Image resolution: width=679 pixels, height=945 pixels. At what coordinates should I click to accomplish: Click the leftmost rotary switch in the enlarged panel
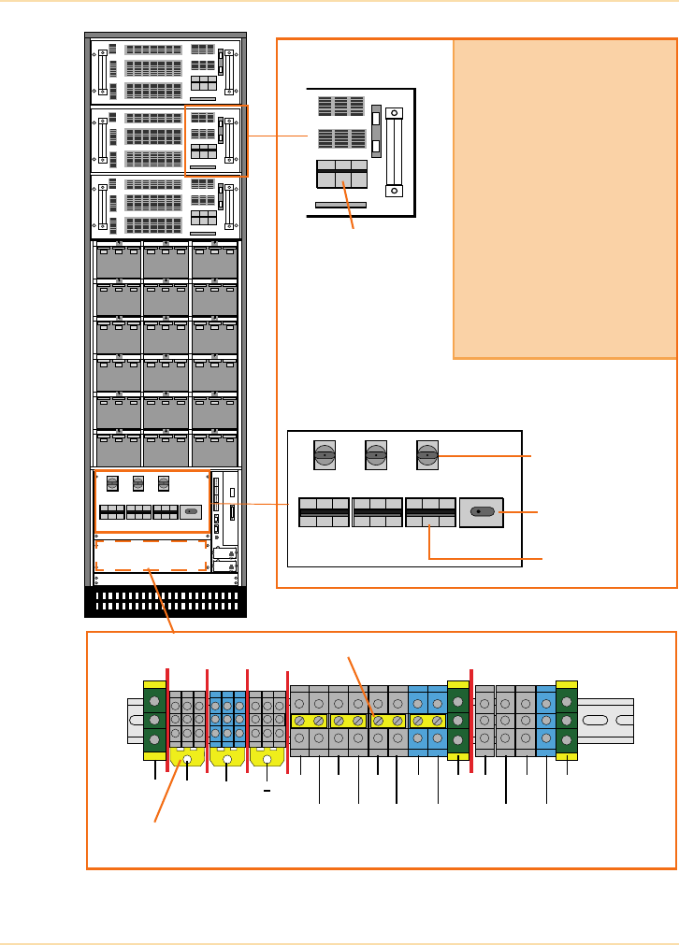point(324,455)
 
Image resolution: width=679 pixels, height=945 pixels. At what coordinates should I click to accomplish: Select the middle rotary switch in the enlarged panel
point(375,455)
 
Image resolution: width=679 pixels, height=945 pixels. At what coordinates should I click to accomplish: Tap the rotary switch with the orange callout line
point(426,455)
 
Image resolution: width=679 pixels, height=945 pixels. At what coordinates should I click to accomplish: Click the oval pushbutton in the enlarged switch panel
point(482,512)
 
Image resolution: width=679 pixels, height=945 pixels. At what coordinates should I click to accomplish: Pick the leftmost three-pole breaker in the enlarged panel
point(324,512)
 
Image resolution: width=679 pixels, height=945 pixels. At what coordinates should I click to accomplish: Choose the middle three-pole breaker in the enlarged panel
point(377,512)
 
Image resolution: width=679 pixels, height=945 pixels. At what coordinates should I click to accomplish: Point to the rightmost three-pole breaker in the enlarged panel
point(430,512)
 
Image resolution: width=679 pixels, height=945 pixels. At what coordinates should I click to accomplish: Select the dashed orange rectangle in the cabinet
point(151,554)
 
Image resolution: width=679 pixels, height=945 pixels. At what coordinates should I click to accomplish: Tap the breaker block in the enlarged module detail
point(341,175)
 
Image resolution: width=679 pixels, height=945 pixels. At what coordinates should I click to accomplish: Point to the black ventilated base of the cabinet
point(166,601)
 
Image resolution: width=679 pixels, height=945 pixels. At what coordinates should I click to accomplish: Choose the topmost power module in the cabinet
point(166,71)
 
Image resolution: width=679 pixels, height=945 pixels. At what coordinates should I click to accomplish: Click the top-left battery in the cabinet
point(118,262)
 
